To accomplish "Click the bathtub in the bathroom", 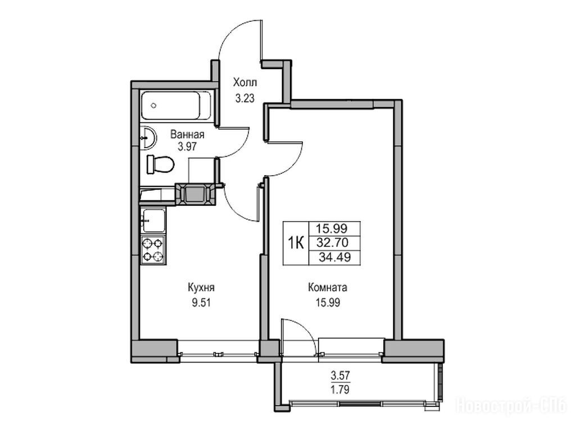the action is click(176, 106).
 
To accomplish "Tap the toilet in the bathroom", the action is click(160, 164).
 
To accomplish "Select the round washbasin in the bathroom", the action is click(148, 138).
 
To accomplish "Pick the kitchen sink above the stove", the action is click(153, 221).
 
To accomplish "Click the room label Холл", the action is click(245, 82).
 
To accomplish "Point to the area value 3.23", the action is click(245, 98).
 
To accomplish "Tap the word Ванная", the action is click(187, 134).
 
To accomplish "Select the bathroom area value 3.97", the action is click(187, 147).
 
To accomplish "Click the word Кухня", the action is click(201, 287).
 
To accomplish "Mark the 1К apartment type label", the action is click(296, 242).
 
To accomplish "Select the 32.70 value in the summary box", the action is click(334, 242).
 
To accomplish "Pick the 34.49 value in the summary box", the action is click(334, 257).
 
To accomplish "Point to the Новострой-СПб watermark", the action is click(511, 406).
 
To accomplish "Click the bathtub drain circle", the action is click(153, 106).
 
